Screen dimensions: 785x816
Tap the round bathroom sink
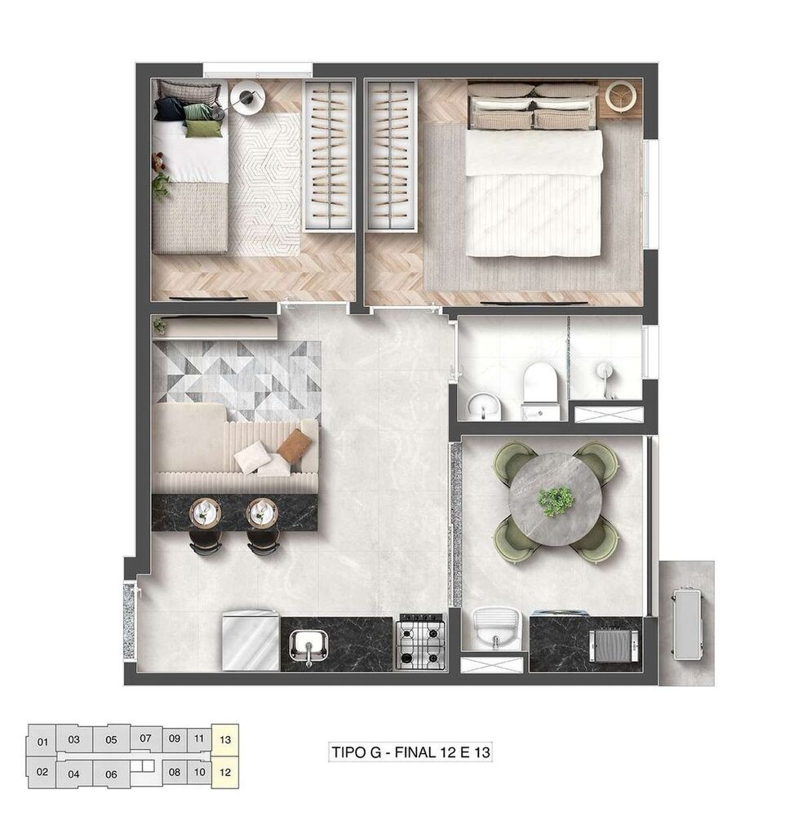[484, 406]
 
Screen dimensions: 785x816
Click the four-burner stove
[422, 642]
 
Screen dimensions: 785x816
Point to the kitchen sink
[308, 645]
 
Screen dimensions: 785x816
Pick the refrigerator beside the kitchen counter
[251, 641]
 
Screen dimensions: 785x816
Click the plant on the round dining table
[556, 501]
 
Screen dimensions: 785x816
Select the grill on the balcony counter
[614, 645]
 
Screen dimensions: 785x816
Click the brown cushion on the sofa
[295, 446]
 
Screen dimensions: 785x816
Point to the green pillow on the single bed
[202, 128]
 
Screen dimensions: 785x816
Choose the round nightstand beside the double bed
[621, 96]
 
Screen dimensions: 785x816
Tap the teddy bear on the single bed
[158, 162]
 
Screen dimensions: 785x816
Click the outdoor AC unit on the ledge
[687, 623]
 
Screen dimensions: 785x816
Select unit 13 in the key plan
[225, 739]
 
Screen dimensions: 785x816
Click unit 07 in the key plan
[146, 738]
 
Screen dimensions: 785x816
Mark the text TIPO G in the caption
[357, 752]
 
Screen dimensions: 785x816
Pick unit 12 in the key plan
[225, 772]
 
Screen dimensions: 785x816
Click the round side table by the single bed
[248, 98]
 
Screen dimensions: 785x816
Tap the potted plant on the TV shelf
[160, 326]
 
